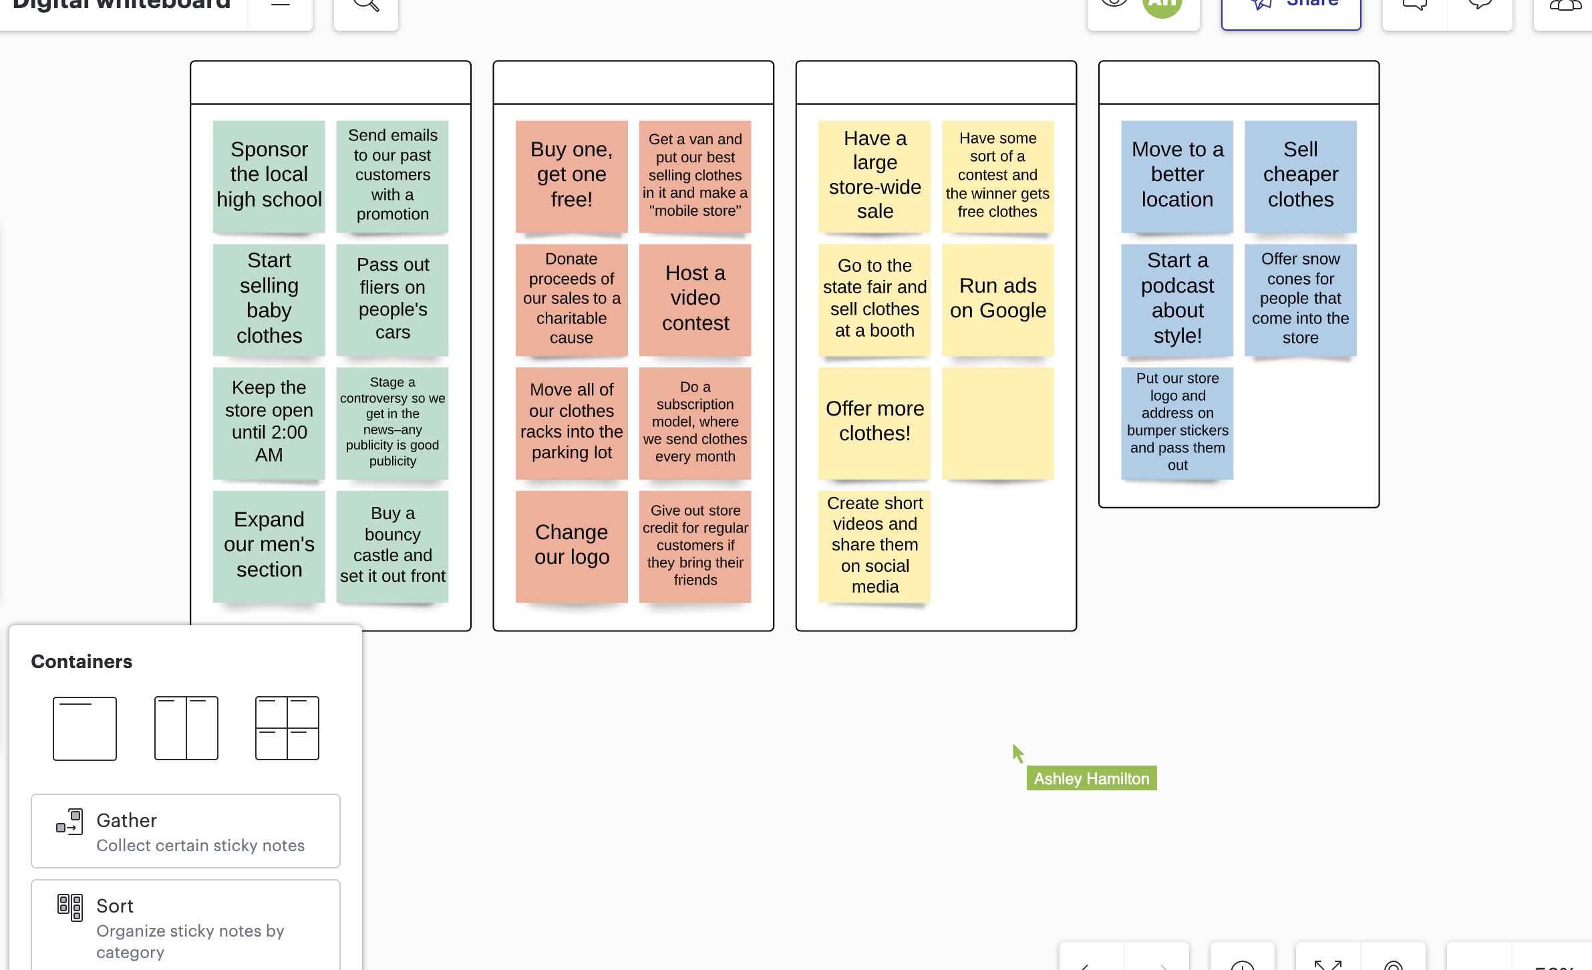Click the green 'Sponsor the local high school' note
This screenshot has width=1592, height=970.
coord(269,176)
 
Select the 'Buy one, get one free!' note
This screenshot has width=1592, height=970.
coord(572,176)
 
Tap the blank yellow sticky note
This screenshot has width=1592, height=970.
coord(998,423)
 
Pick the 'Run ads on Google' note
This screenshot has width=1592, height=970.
coord(998,299)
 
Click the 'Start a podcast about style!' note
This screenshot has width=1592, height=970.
coord(1177,299)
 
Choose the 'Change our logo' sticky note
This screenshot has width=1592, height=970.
coord(572,546)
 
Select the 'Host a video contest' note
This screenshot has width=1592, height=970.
coord(695,299)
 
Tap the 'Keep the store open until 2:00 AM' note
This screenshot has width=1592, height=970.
coord(269,423)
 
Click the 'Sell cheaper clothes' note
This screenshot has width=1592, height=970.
coord(1301,176)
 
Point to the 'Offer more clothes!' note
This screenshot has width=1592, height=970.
coord(874,423)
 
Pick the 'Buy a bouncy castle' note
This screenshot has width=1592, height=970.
coord(392,546)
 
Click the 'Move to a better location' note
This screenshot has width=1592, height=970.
coord(1177,176)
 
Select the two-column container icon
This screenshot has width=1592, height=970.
coord(186,728)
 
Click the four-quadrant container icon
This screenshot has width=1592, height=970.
coord(287,728)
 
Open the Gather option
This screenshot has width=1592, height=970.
coord(186,831)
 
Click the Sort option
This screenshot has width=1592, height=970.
coord(186,925)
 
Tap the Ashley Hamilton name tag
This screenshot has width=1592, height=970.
coord(1092,778)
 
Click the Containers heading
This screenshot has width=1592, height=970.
coord(82,661)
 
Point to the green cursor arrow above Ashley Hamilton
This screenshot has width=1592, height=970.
coord(1017,753)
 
